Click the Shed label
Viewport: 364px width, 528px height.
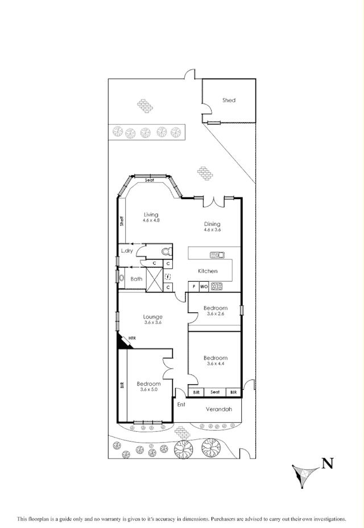(x=229, y=100)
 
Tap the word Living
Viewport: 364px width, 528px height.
(x=151, y=214)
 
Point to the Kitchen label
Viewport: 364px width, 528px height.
(x=208, y=271)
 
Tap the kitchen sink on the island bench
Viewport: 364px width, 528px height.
(x=217, y=255)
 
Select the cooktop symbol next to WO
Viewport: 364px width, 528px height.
(x=216, y=287)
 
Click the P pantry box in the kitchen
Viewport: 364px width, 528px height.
(x=193, y=287)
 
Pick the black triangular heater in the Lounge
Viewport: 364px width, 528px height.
(x=122, y=342)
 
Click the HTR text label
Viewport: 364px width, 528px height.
(x=133, y=338)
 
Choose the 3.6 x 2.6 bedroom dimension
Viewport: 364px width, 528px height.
(x=216, y=313)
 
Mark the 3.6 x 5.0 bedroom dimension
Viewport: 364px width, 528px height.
(x=148, y=390)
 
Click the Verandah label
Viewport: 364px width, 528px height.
(x=218, y=409)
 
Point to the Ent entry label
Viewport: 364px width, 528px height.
(x=181, y=405)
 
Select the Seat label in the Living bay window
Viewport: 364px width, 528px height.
(x=150, y=180)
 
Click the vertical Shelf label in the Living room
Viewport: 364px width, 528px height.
(x=121, y=220)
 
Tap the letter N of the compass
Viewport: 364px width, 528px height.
(x=327, y=464)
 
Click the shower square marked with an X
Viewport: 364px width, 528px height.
(x=154, y=279)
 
